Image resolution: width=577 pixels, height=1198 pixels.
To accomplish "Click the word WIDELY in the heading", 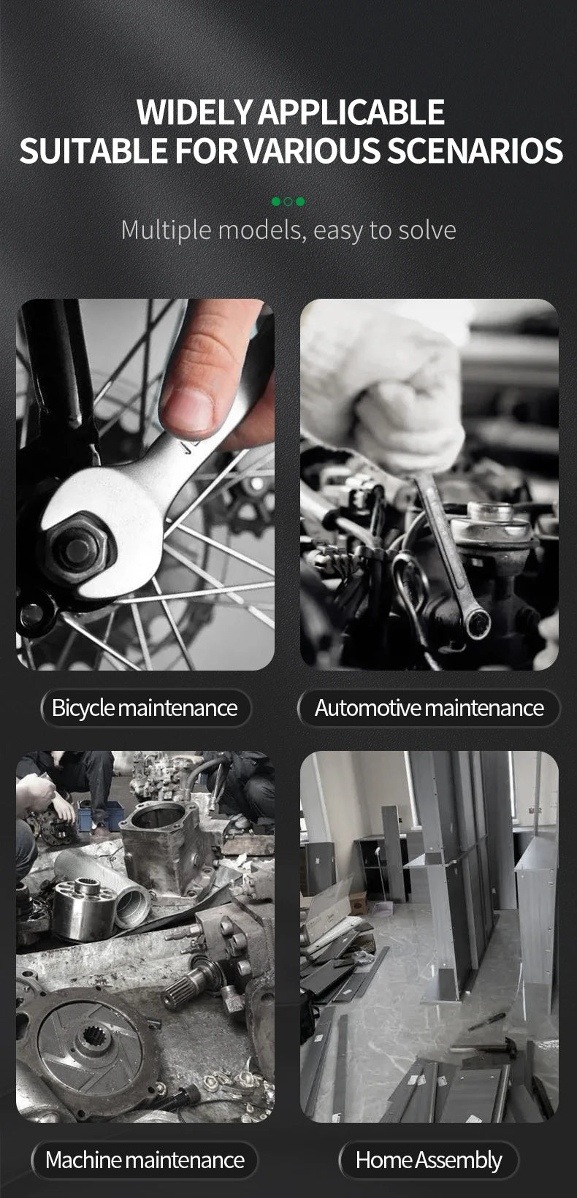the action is [x=194, y=112].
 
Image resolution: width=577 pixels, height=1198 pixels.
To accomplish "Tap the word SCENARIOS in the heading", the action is [x=475, y=150].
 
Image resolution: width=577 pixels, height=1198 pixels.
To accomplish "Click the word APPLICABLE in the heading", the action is [x=351, y=112].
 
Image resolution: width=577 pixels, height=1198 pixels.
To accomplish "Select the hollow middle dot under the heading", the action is [x=288, y=202].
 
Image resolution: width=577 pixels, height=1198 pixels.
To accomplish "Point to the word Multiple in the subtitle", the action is [x=167, y=231].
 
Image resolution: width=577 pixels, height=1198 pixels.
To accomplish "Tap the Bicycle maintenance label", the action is [x=145, y=708].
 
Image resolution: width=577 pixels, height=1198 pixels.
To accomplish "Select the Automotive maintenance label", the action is [x=429, y=708].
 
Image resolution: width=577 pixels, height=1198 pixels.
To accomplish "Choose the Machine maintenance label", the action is [x=145, y=1160].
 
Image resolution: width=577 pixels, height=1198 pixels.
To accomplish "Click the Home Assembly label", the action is [x=429, y=1160].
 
